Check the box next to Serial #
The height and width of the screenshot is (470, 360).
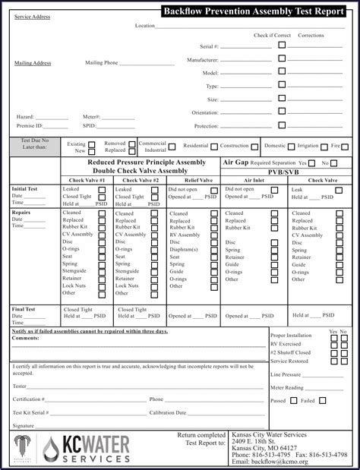[x=282, y=45]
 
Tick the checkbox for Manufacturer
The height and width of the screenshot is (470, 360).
[x=282, y=58]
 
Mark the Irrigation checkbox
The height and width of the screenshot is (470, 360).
[x=324, y=146]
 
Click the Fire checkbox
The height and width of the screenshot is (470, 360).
[x=346, y=146]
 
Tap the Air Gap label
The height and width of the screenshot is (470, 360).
[x=235, y=162]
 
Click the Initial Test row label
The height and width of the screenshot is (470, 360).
[x=24, y=188]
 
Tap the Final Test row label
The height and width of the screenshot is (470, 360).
[x=24, y=309]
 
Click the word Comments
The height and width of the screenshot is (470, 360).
[x=25, y=337]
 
